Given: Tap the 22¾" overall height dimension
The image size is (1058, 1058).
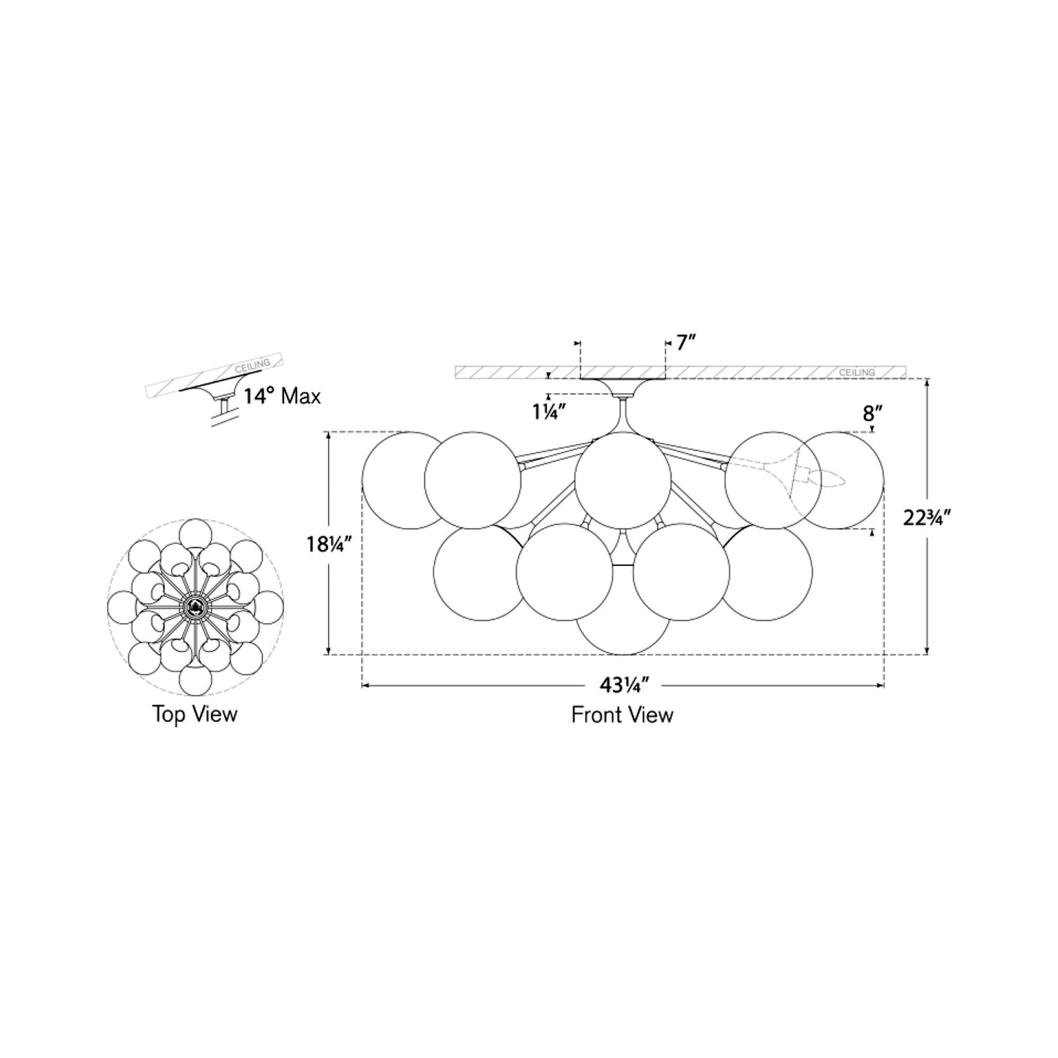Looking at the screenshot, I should (927, 518).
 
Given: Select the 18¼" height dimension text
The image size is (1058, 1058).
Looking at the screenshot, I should (329, 544).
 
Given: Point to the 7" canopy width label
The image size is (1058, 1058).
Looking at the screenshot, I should (685, 342).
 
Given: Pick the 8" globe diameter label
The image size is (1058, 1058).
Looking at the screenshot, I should (869, 414).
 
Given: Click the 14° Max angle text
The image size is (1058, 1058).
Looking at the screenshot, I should (282, 397).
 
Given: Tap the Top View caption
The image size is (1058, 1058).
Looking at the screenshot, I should (195, 714).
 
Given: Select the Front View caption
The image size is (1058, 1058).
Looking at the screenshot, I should (622, 715).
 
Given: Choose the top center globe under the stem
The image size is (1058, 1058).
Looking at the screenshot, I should (622, 480).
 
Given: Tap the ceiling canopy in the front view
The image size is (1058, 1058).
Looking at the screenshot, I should (622, 387).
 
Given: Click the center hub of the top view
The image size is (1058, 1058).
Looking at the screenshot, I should (195, 605).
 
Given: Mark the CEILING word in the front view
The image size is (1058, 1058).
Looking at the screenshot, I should (857, 373).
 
